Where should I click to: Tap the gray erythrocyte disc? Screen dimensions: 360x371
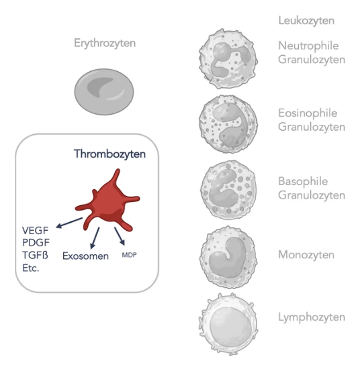104,92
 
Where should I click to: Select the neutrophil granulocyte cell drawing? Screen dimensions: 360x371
228,58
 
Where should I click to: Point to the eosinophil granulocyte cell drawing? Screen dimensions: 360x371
228,124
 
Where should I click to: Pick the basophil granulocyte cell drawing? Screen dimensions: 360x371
228,190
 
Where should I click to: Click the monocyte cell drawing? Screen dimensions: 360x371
228,257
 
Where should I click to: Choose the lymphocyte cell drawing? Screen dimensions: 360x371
228,324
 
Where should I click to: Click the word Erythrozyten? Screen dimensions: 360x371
105,44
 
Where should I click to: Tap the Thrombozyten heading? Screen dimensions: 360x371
109,154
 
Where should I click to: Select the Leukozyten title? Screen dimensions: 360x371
306,21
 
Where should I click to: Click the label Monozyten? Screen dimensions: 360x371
306,255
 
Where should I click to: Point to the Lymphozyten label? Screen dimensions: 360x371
312,317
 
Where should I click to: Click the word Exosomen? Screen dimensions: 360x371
85,256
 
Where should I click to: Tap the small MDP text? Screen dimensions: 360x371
130,255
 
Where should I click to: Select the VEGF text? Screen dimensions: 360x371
36,231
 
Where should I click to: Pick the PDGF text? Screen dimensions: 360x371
36,242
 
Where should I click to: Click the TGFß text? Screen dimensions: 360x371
36,255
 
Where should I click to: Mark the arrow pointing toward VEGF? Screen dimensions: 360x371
69,223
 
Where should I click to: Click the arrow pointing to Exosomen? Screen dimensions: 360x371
95,238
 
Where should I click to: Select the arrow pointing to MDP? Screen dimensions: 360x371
120,236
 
